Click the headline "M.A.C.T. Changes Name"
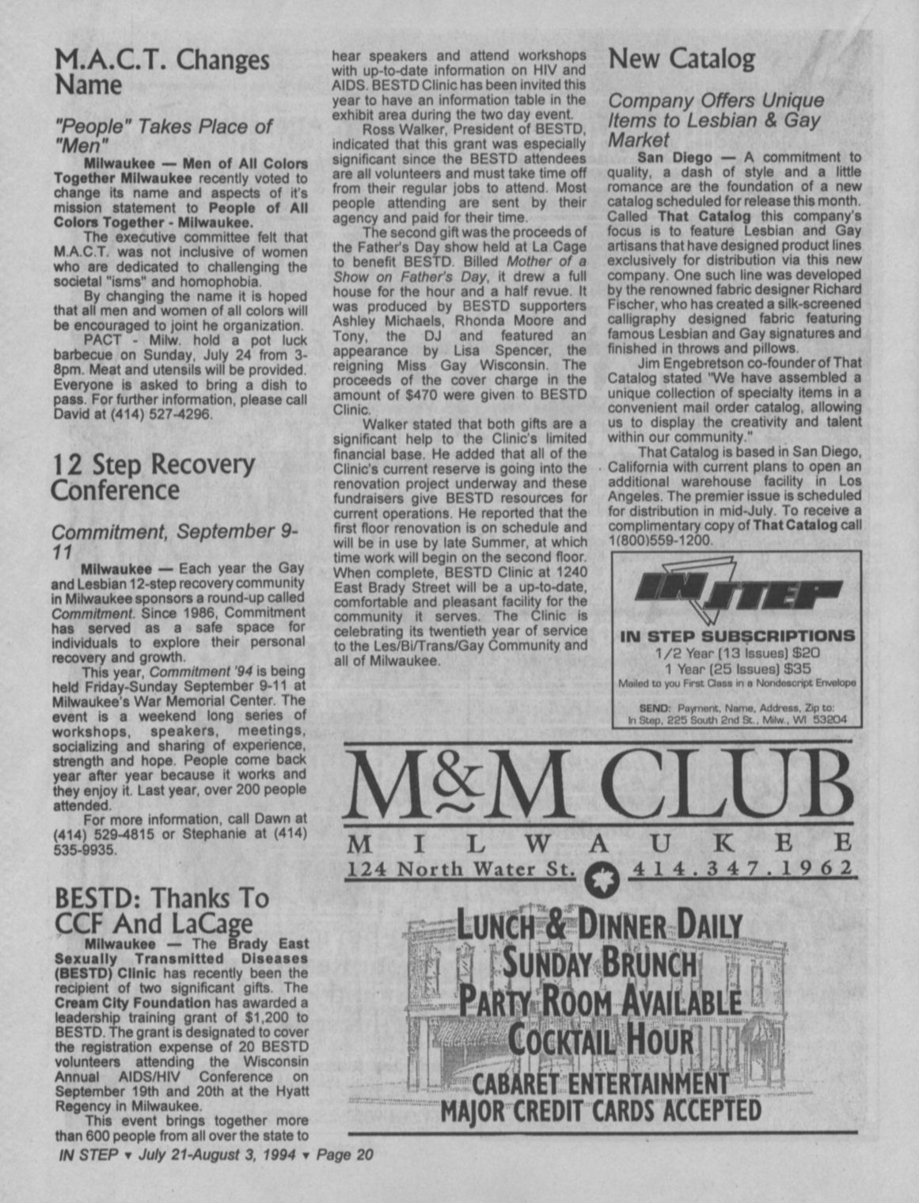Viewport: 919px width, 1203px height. tap(161, 72)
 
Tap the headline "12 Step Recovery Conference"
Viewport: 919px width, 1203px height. tap(153, 477)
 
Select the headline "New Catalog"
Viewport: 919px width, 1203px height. tap(681, 59)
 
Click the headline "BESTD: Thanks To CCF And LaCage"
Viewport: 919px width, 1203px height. tap(162, 910)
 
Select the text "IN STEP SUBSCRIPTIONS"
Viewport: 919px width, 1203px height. tap(737, 636)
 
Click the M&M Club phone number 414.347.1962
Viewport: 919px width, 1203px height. tap(741, 869)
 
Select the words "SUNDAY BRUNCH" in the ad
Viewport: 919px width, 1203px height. tap(600, 965)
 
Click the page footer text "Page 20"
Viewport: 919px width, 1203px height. tap(344, 1155)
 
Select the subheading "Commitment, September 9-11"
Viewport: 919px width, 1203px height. tap(174, 540)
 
